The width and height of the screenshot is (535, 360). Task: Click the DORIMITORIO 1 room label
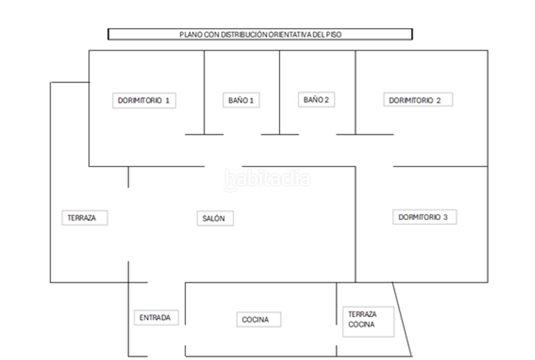pyautogui.click(x=144, y=100)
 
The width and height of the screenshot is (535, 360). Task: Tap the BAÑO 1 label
pyautogui.click(x=241, y=100)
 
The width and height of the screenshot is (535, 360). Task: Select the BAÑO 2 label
pyautogui.click(x=316, y=100)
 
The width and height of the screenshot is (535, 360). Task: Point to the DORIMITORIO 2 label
pyautogui.click(x=418, y=100)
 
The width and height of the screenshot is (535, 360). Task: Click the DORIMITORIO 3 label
pyautogui.click(x=425, y=217)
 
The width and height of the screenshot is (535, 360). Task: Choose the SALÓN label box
pyautogui.click(x=215, y=218)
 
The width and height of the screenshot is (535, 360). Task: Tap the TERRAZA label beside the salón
pyautogui.click(x=85, y=217)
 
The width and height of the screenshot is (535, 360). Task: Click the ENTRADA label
pyautogui.click(x=156, y=318)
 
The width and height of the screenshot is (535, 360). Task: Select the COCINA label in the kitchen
pyautogui.click(x=259, y=319)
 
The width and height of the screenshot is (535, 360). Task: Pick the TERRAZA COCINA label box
pyautogui.click(x=368, y=322)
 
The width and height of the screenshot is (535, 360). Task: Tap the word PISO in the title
pyautogui.click(x=334, y=35)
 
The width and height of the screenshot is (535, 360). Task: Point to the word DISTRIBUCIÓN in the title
pyautogui.click(x=244, y=35)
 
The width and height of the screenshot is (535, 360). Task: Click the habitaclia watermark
pyautogui.click(x=267, y=179)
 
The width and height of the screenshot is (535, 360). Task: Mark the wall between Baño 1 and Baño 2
pyautogui.click(x=280, y=92)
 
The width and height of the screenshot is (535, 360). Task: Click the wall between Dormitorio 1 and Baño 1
pyautogui.click(x=204, y=92)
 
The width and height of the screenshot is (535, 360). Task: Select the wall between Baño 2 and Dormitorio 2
pyautogui.click(x=355, y=92)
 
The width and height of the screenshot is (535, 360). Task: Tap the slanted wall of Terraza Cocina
pyautogui.click(x=402, y=319)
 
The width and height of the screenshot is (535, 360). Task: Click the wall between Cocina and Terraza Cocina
pyautogui.click(x=336, y=319)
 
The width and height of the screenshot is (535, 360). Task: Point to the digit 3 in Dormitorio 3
pyautogui.click(x=445, y=217)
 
